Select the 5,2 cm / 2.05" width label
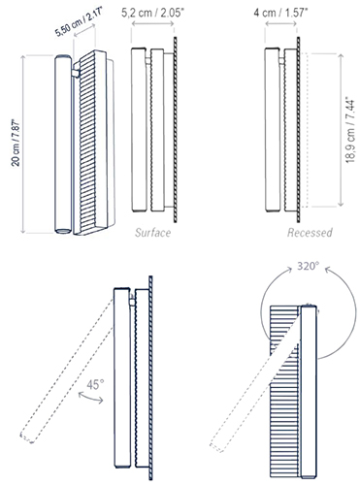click(x=152, y=14)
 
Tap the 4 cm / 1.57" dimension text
click(x=280, y=13)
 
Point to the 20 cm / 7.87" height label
click(x=16, y=143)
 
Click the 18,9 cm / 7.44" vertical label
click(x=350, y=130)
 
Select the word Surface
click(x=153, y=233)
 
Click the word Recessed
click(x=310, y=233)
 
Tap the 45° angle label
click(x=95, y=385)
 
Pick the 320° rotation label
click(x=309, y=266)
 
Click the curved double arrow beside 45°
click(x=90, y=398)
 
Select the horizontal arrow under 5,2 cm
click(x=152, y=24)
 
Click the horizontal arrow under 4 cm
click(x=280, y=23)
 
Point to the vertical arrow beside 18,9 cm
click(x=341, y=130)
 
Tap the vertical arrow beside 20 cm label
click(x=22, y=144)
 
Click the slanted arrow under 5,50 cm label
click(x=84, y=32)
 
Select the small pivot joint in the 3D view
click(x=76, y=73)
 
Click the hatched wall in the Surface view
click(x=176, y=129)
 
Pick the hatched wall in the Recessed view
click(x=298, y=129)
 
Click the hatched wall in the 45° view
click(x=150, y=377)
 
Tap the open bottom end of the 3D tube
click(x=63, y=231)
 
